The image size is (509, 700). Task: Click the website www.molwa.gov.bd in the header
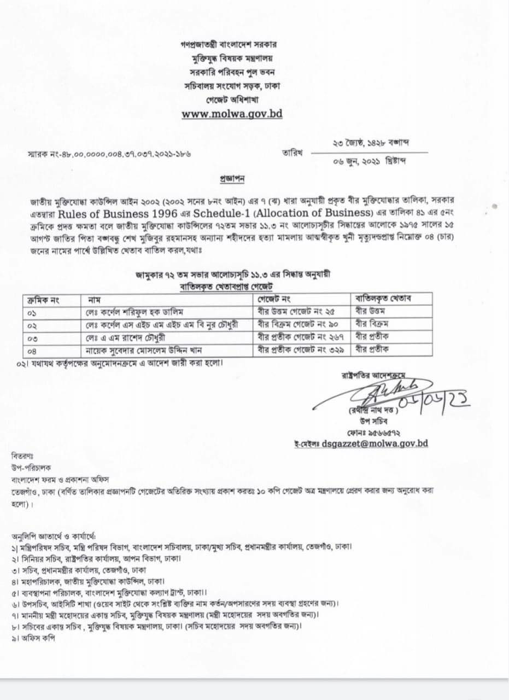coord(232,114)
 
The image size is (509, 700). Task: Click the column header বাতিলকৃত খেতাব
coord(383,299)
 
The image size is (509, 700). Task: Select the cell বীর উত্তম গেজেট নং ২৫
coord(296,311)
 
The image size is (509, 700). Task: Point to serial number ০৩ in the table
coord(34,339)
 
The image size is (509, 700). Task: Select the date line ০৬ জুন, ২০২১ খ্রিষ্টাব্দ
coord(369,161)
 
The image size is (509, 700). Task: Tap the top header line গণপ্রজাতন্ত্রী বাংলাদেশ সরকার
coord(232,44)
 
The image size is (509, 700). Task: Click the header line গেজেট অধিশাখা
coord(232,100)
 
